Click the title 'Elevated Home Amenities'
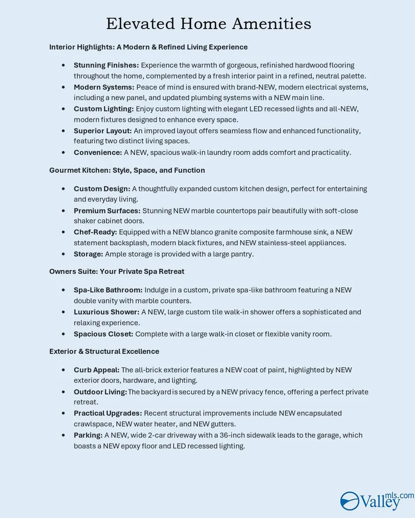point(208,24)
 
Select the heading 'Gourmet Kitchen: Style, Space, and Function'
point(127,170)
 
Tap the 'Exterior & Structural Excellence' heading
point(104,351)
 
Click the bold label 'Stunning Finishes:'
point(106,65)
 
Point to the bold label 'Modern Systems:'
point(104,87)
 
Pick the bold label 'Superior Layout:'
point(103,131)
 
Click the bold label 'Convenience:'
point(98,152)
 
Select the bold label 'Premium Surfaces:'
point(107,211)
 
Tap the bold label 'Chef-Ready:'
point(95,232)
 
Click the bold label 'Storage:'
point(89,254)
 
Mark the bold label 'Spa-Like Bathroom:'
point(108,290)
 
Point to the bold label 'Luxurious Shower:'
point(106,312)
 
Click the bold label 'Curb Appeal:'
point(97,370)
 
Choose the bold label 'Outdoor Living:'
point(100,392)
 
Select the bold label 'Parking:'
point(88,435)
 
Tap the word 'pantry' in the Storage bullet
point(240,254)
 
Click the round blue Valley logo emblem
point(350,501)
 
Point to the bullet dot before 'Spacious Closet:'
point(63,334)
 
